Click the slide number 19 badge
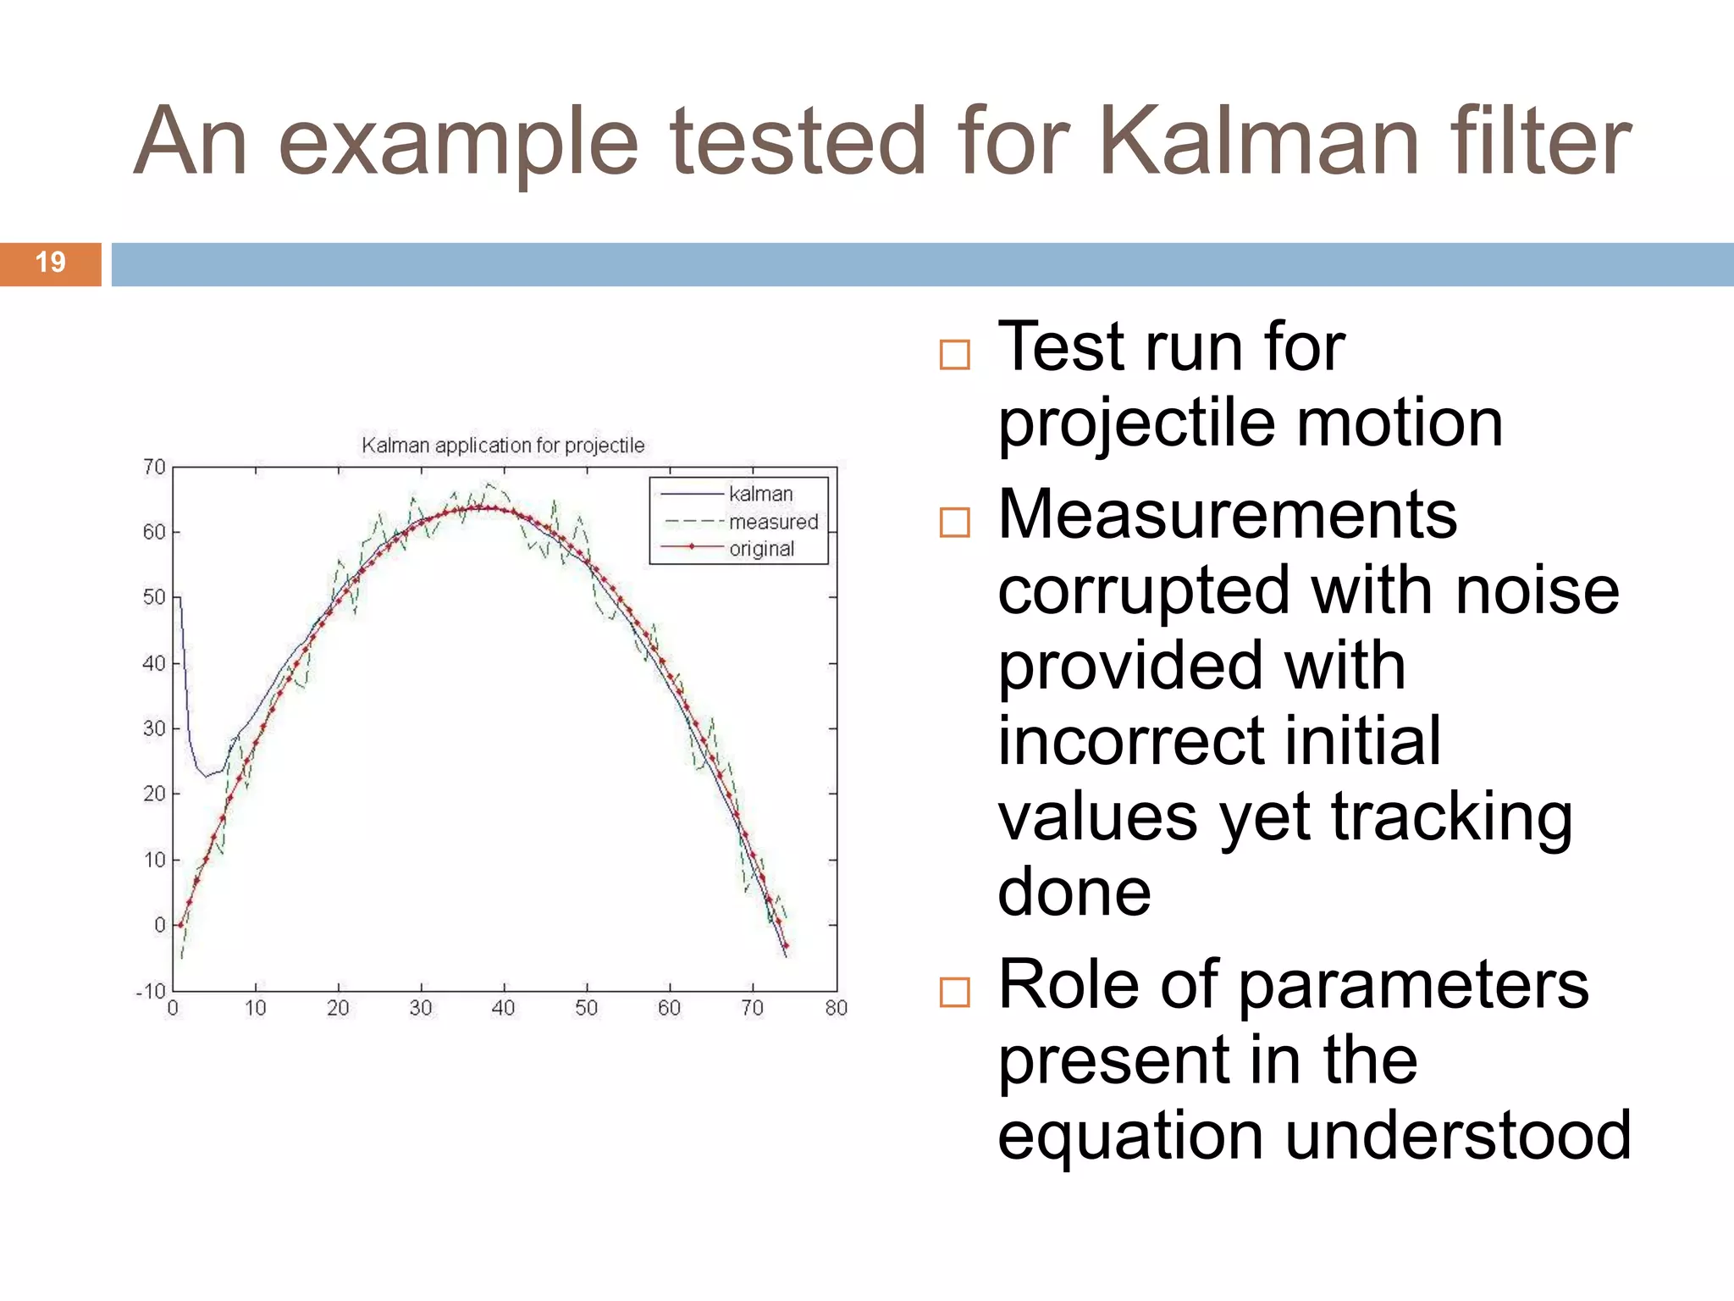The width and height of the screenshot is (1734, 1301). click(50, 263)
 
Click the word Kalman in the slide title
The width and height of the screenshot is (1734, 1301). click(1259, 142)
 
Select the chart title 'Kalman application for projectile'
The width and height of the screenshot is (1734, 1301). click(503, 446)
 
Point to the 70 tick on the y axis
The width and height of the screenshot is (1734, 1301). click(154, 467)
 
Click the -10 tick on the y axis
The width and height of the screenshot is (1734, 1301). click(151, 991)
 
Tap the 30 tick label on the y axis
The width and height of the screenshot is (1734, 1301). click(154, 728)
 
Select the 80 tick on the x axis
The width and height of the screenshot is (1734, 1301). click(836, 1008)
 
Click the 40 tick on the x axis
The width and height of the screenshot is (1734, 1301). click(503, 1008)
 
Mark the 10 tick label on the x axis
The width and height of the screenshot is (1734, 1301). click(255, 1008)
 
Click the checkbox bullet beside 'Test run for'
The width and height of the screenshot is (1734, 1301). click(954, 355)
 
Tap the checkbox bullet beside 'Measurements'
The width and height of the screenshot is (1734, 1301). click(954, 523)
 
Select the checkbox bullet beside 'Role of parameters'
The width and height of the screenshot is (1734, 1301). click(954, 992)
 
